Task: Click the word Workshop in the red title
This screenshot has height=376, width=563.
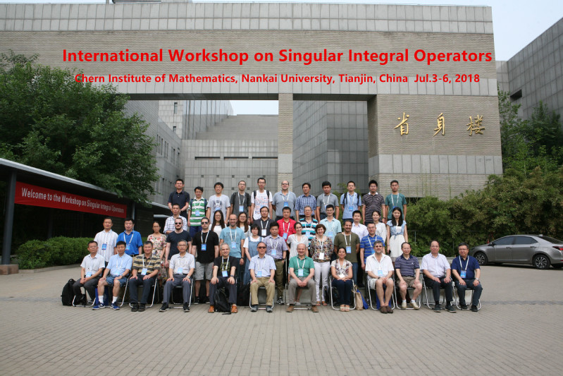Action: coord(209,56)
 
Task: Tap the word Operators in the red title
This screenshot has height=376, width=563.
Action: coord(452,56)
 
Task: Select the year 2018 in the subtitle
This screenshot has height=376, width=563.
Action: coord(466,78)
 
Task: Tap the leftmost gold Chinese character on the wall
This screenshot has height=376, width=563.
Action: coord(402,124)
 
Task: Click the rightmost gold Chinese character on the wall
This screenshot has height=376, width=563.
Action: coord(476,125)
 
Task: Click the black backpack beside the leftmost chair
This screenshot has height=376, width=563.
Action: coord(68,293)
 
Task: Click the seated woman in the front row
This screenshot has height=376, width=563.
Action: coord(342,279)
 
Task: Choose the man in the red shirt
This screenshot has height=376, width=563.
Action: coord(286,222)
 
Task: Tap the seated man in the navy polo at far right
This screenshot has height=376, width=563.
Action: coord(466,277)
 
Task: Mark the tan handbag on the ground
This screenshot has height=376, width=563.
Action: coord(359,298)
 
